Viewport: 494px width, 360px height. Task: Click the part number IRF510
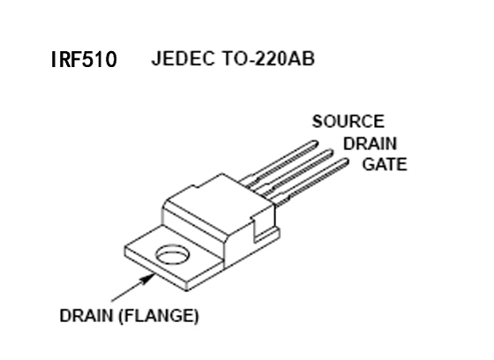(84, 59)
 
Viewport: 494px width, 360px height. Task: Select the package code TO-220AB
(268, 58)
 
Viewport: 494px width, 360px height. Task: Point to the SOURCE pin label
(348, 122)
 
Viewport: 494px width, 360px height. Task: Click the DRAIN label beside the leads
(370, 144)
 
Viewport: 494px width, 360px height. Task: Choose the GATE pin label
(385, 164)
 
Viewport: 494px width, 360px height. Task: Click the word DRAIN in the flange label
(86, 316)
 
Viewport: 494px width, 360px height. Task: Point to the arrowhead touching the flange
(147, 279)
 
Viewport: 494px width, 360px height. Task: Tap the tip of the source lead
(316, 144)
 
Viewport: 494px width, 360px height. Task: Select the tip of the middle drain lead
(331, 153)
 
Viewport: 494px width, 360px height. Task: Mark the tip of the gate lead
(346, 162)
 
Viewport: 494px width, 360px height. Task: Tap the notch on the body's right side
(258, 229)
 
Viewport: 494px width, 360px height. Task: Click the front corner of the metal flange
(186, 289)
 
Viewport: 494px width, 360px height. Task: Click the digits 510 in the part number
(99, 60)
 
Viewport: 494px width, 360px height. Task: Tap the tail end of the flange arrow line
(111, 302)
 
